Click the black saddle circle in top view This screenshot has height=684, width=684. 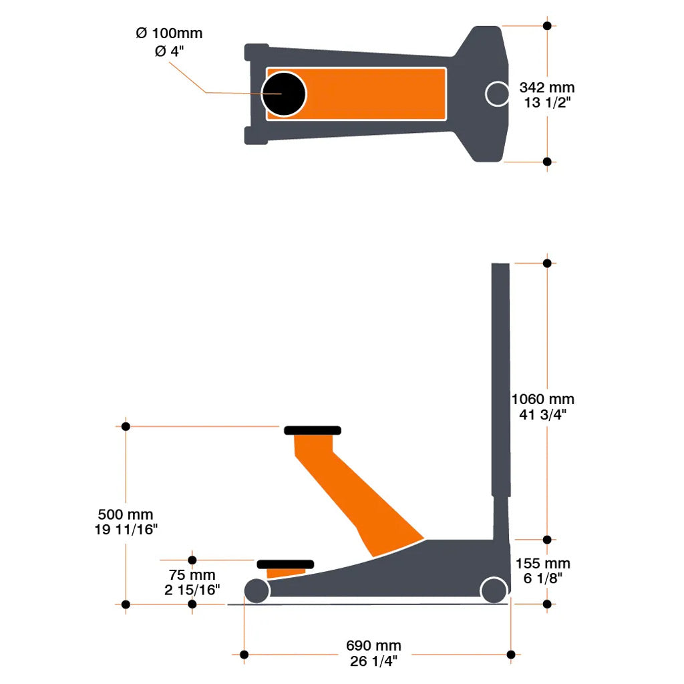(x=283, y=94)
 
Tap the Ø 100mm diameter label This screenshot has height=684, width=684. (x=168, y=33)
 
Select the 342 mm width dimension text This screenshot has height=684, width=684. (x=546, y=88)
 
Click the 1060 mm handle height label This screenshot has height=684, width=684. (x=542, y=399)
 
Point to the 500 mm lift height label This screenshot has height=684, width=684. (x=126, y=515)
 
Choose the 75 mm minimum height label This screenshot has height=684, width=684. (x=192, y=575)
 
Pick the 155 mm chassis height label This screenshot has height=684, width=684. (x=542, y=564)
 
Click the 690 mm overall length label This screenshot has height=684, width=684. (x=373, y=646)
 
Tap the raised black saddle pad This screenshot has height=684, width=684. (x=313, y=430)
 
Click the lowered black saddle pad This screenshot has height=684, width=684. (x=285, y=564)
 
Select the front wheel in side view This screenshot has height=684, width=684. (x=256, y=590)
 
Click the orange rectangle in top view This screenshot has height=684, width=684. (x=374, y=94)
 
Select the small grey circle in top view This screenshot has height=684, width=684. (x=497, y=94)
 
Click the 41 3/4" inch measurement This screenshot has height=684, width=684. (x=542, y=414)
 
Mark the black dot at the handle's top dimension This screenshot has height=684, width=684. (x=547, y=263)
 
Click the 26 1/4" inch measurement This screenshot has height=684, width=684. (x=373, y=661)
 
